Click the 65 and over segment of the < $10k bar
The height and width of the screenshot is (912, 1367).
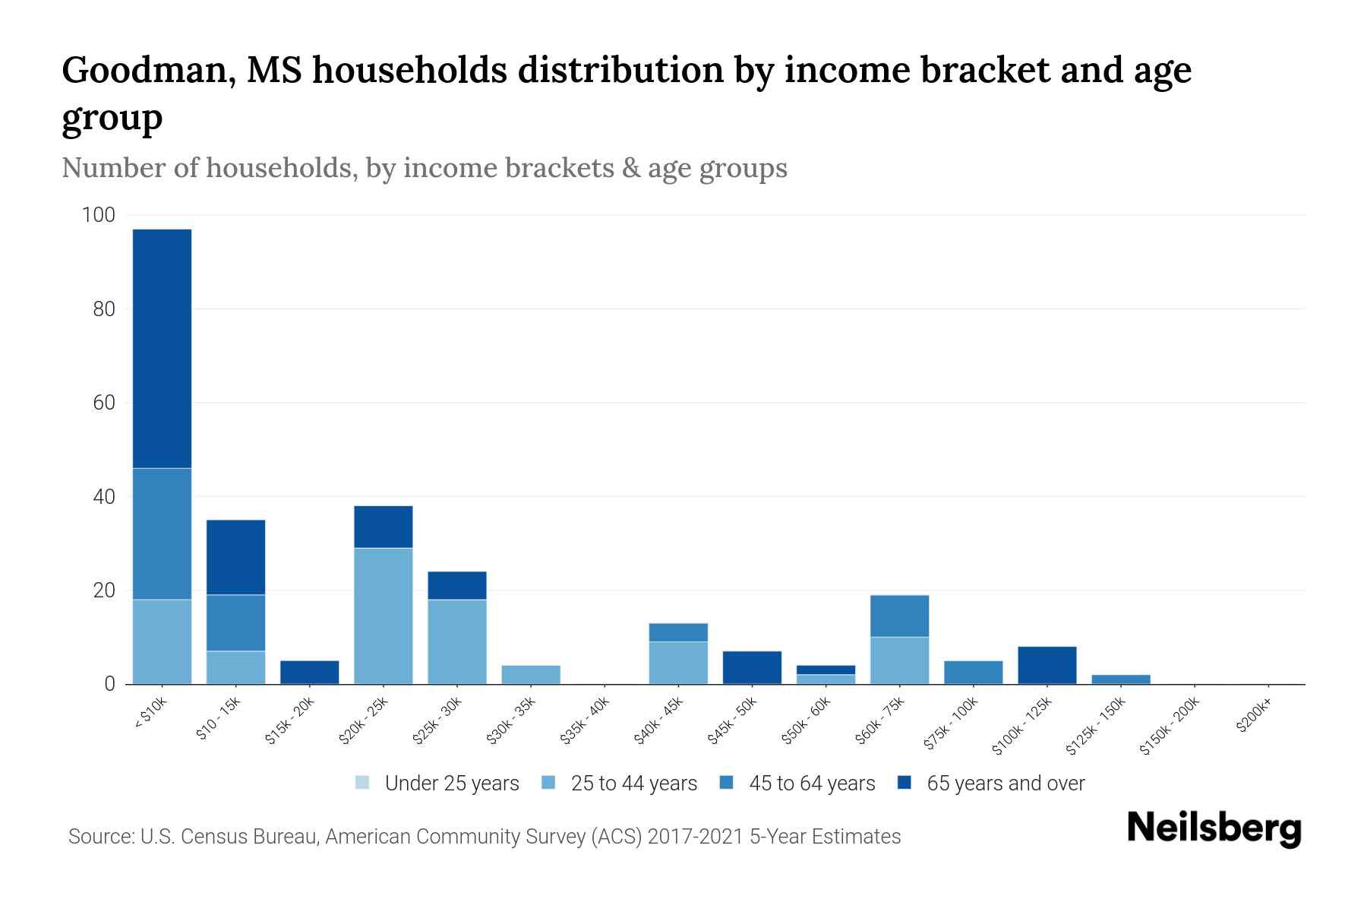click(x=162, y=348)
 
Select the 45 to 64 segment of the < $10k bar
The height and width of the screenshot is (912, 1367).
click(x=162, y=534)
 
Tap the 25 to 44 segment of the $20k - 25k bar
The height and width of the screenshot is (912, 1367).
click(x=384, y=616)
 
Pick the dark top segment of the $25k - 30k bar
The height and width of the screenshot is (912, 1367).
click(x=457, y=585)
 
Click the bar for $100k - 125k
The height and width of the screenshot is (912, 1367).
click(x=1047, y=665)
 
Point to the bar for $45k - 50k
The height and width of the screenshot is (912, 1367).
click(x=752, y=667)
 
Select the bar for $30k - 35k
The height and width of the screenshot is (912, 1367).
click(x=531, y=675)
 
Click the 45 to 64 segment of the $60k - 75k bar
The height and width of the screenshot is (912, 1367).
click(x=899, y=616)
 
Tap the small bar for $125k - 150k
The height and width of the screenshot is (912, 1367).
click(x=1120, y=679)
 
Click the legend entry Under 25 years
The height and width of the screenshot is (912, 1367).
click(x=451, y=784)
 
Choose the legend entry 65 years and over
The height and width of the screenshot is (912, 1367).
click(x=1005, y=784)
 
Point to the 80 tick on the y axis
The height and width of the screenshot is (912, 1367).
click(x=99, y=309)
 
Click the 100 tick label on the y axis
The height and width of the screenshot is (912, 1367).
click(x=98, y=215)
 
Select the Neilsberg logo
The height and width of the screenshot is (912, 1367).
click(x=1214, y=828)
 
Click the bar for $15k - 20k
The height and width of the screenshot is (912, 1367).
click(x=310, y=672)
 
